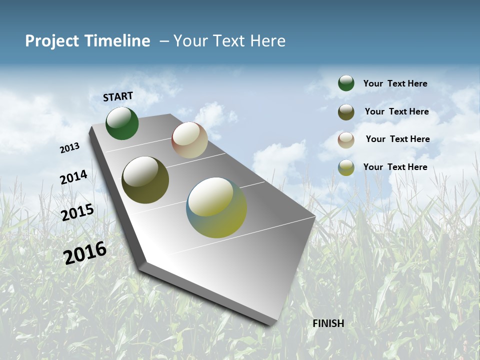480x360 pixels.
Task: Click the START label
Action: [118, 96]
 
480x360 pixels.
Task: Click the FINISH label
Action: [328, 323]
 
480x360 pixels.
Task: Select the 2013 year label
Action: [70, 148]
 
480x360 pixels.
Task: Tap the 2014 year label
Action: [74, 177]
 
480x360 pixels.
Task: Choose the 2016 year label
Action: [85, 253]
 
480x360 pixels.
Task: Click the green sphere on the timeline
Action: [122, 123]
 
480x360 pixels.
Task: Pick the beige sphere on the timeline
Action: [189, 140]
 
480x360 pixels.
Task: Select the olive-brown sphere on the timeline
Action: [145, 180]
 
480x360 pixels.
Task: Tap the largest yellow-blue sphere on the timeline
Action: [216, 207]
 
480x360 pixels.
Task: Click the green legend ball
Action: [346, 83]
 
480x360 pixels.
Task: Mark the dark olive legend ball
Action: [346, 112]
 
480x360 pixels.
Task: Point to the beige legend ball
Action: [346, 140]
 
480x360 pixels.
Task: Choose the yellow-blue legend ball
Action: [346, 167]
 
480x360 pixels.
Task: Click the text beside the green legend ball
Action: [395, 84]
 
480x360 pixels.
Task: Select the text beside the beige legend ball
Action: [397, 139]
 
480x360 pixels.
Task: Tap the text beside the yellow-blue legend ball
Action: [395, 167]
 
